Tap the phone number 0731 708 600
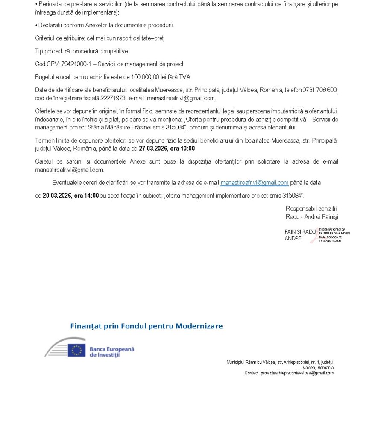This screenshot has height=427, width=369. pyautogui.click(x=320, y=90)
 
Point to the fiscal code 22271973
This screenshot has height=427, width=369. pyautogui.click(x=113, y=98)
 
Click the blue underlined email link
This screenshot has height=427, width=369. pyautogui.click(x=254, y=183)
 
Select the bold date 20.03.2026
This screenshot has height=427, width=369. pyautogui.click(x=57, y=196)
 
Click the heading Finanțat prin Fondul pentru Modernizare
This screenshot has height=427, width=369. pyautogui.click(x=146, y=326)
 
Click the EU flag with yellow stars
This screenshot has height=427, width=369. pyautogui.click(x=76, y=350)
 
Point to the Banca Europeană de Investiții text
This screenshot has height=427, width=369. pyautogui.click(x=111, y=352)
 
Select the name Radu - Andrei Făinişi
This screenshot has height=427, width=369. pyautogui.click(x=312, y=217)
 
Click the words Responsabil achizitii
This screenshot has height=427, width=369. pyautogui.click(x=311, y=208)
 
